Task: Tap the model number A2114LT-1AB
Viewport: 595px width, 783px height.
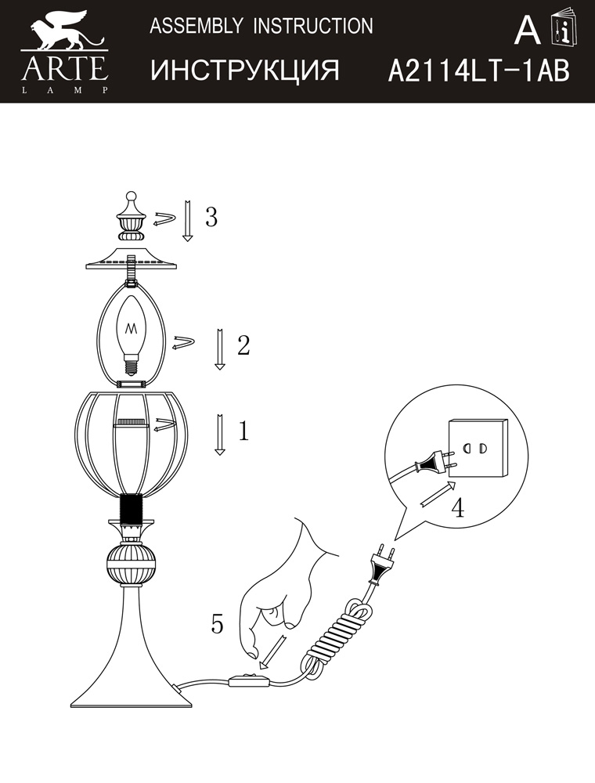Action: (478, 70)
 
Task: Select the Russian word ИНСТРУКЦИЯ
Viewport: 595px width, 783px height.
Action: (245, 70)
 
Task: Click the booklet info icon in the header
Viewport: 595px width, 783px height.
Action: (563, 28)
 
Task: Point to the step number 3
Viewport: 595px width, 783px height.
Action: (211, 217)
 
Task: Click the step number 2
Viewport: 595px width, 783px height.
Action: (243, 345)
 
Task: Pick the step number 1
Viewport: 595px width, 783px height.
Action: (243, 431)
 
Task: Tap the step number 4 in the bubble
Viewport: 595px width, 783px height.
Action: (458, 507)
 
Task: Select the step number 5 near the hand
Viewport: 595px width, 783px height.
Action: (217, 623)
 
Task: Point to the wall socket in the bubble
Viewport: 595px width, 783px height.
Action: (478, 447)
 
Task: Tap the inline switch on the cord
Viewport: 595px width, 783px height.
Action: (249, 680)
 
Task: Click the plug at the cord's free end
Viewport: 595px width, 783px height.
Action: (381, 565)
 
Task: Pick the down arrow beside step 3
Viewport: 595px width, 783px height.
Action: (188, 221)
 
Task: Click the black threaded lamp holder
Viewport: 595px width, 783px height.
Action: (132, 510)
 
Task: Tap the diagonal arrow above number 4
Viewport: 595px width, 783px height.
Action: (438, 494)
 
